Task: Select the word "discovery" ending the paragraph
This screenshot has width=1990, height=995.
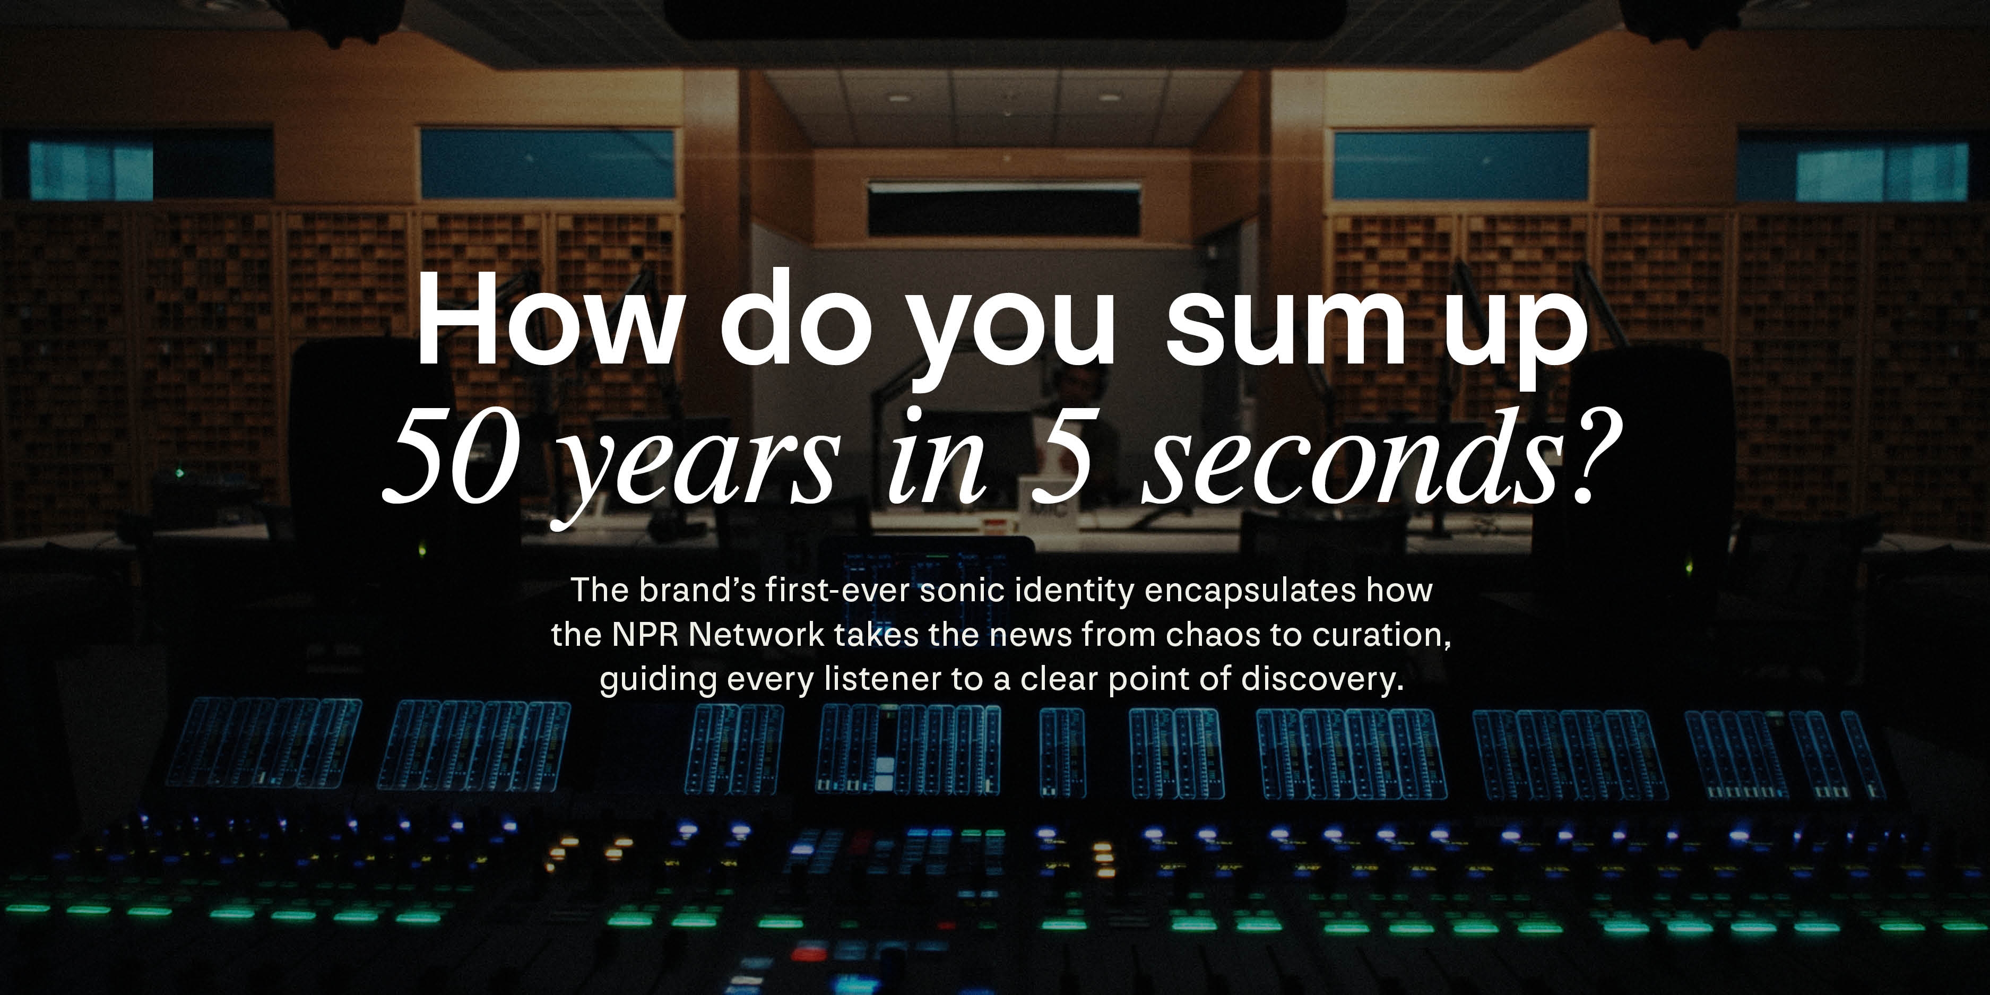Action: click(x=1320, y=680)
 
